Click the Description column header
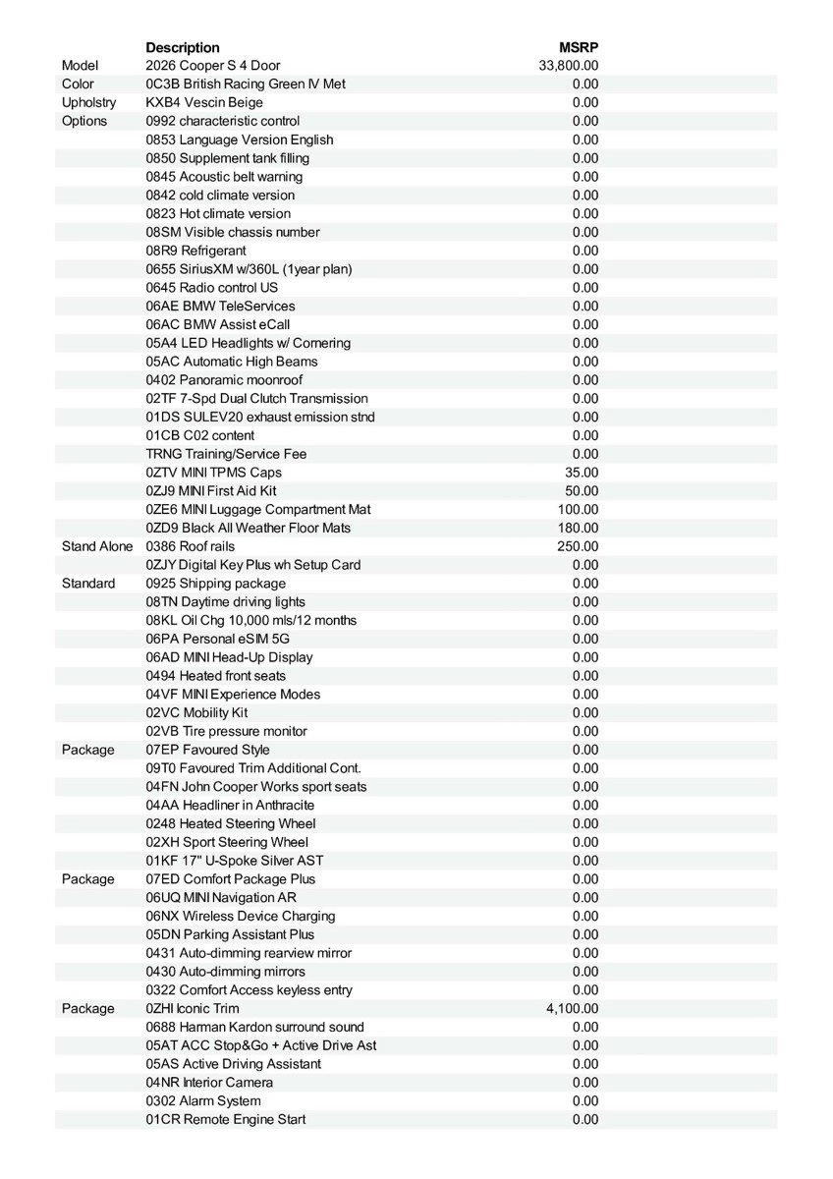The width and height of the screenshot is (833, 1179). click(x=183, y=47)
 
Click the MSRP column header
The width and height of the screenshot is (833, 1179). click(x=579, y=47)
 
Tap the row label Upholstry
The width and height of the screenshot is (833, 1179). click(x=88, y=102)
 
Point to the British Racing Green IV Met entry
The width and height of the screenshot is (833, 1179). click(x=246, y=84)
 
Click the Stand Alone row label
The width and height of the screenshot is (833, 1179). click(x=97, y=546)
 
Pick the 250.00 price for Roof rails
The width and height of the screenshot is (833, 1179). click(x=578, y=546)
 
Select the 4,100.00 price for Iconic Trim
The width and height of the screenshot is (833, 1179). click(x=572, y=1009)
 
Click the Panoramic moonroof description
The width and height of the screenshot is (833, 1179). click(x=224, y=380)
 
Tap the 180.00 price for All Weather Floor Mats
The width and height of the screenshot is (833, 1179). click(x=578, y=529)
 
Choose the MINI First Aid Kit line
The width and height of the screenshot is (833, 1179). click(x=211, y=491)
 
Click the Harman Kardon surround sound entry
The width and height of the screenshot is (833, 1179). click(x=254, y=1027)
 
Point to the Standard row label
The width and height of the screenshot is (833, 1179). click(x=88, y=584)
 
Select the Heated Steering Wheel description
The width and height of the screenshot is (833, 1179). click(x=231, y=824)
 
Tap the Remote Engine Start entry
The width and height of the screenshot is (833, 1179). click(x=226, y=1120)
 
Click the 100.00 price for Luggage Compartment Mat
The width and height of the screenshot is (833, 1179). click(x=578, y=510)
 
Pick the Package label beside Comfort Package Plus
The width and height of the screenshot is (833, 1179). click(x=88, y=879)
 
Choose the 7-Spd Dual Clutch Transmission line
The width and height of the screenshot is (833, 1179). click(x=256, y=399)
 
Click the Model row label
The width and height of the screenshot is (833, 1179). click(x=80, y=66)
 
